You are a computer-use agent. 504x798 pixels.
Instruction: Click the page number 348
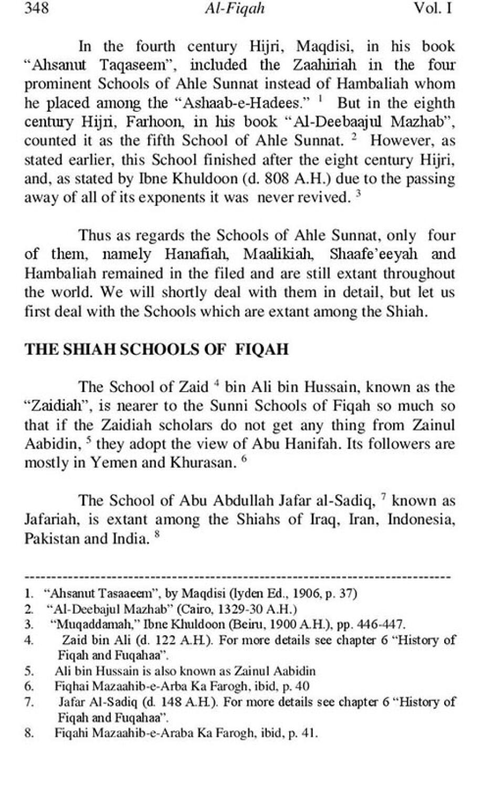pyautogui.click(x=37, y=9)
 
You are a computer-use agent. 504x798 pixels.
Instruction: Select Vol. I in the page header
pyautogui.click(x=433, y=9)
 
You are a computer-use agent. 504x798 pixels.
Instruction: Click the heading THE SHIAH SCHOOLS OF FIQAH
pyautogui.click(x=156, y=350)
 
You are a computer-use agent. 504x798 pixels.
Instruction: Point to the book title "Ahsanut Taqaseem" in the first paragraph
pyautogui.click(x=102, y=65)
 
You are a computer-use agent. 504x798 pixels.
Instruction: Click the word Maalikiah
pyautogui.click(x=278, y=254)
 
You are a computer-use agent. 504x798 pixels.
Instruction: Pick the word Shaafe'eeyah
pyautogui.click(x=374, y=254)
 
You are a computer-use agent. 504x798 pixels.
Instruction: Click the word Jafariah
pyautogui.click(x=51, y=519)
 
